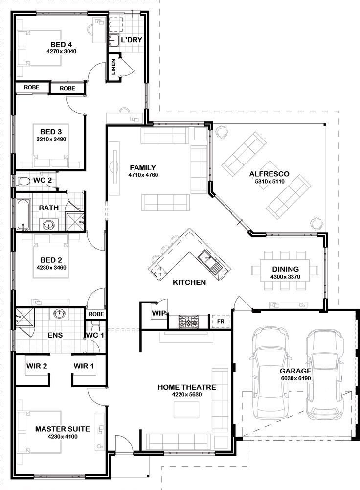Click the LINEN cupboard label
tap(113, 67)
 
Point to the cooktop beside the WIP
tap(188, 321)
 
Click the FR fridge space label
tap(221, 321)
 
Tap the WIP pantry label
tap(159, 313)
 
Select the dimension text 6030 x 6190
tap(296, 378)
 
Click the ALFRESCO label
tap(269, 174)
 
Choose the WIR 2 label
tap(37, 366)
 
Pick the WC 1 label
tap(95, 335)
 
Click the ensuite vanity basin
tap(59, 313)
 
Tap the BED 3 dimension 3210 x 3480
tap(51, 139)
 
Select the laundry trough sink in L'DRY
tap(113, 40)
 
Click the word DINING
tap(285, 269)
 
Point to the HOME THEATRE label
tap(187, 387)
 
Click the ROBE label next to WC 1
tap(96, 314)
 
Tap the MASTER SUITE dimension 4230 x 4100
tap(63, 437)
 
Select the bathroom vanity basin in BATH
tap(48, 225)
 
